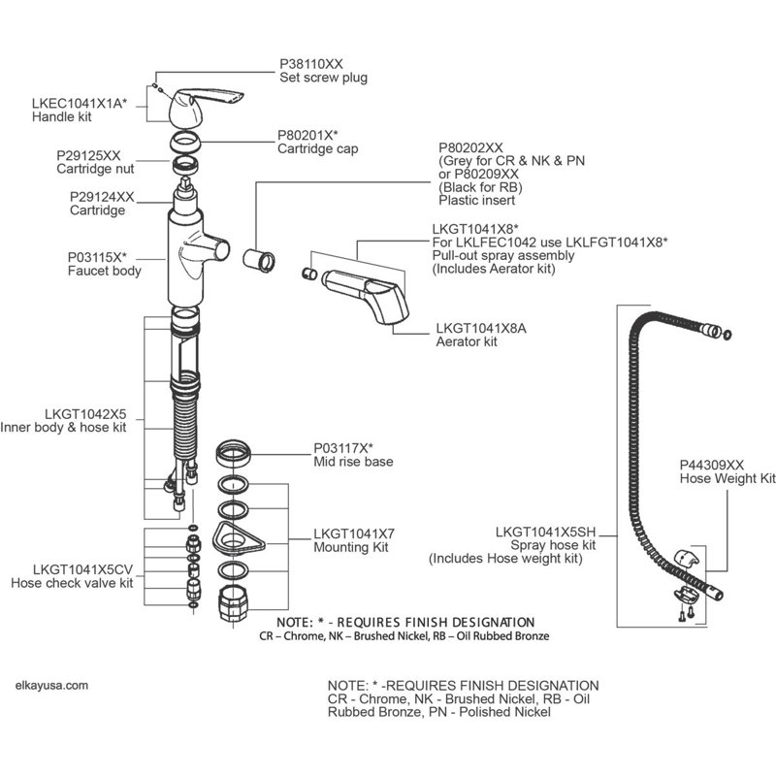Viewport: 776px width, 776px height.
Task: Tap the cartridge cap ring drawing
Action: click(185, 142)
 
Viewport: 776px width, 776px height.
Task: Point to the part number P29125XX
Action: click(88, 155)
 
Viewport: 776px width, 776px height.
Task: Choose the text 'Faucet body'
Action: click(105, 272)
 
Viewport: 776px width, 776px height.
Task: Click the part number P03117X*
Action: click(343, 448)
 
